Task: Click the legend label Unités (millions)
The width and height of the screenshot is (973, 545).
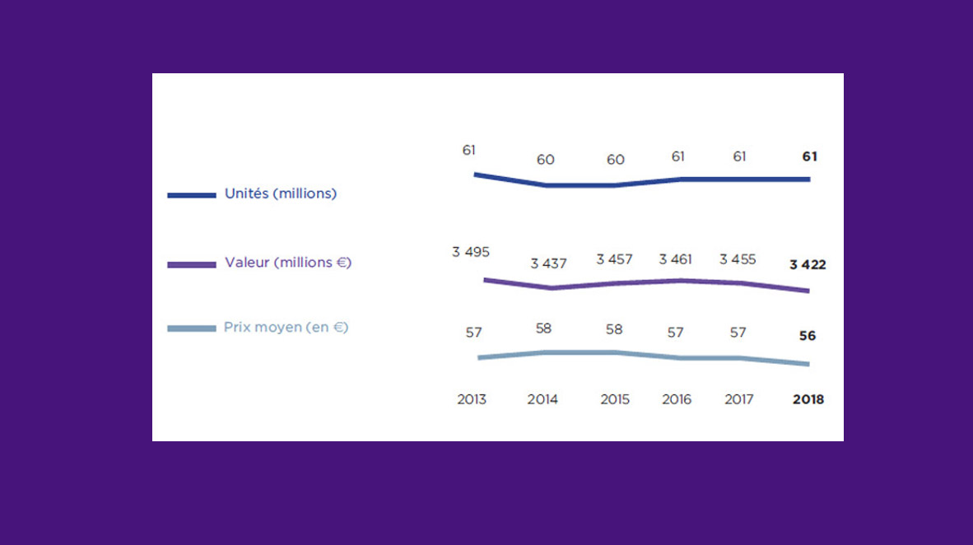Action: [x=281, y=193]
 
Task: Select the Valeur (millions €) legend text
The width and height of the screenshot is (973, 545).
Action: [x=288, y=263]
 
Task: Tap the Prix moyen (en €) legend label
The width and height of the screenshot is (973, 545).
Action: [x=286, y=327]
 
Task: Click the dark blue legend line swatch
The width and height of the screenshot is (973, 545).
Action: [x=192, y=195]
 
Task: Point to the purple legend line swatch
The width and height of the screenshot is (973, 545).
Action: [x=192, y=264]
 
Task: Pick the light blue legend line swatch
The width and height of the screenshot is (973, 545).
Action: [x=192, y=328]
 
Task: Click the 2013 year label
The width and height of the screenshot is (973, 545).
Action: [x=472, y=400]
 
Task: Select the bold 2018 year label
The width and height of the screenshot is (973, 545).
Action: [x=808, y=400]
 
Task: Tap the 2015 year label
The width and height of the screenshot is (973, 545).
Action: [x=615, y=400]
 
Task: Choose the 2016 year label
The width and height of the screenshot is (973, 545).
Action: [x=677, y=400]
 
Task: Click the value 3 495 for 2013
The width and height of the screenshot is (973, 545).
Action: [x=471, y=252]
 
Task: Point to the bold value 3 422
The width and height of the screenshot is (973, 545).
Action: [x=808, y=265]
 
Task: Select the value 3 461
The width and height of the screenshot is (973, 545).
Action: [x=675, y=259]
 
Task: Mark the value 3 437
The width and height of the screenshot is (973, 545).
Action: [x=548, y=263]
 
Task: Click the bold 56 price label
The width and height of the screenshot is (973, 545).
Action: [x=808, y=336]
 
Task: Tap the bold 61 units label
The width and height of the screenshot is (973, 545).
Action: [x=810, y=156]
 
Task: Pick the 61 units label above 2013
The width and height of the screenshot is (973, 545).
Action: [x=468, y=150]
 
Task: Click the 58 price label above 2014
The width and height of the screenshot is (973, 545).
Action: [x=543, y=328]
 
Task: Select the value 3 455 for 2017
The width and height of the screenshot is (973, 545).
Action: [x=738, y=259]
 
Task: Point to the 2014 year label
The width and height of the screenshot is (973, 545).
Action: [x=542, y=400]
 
